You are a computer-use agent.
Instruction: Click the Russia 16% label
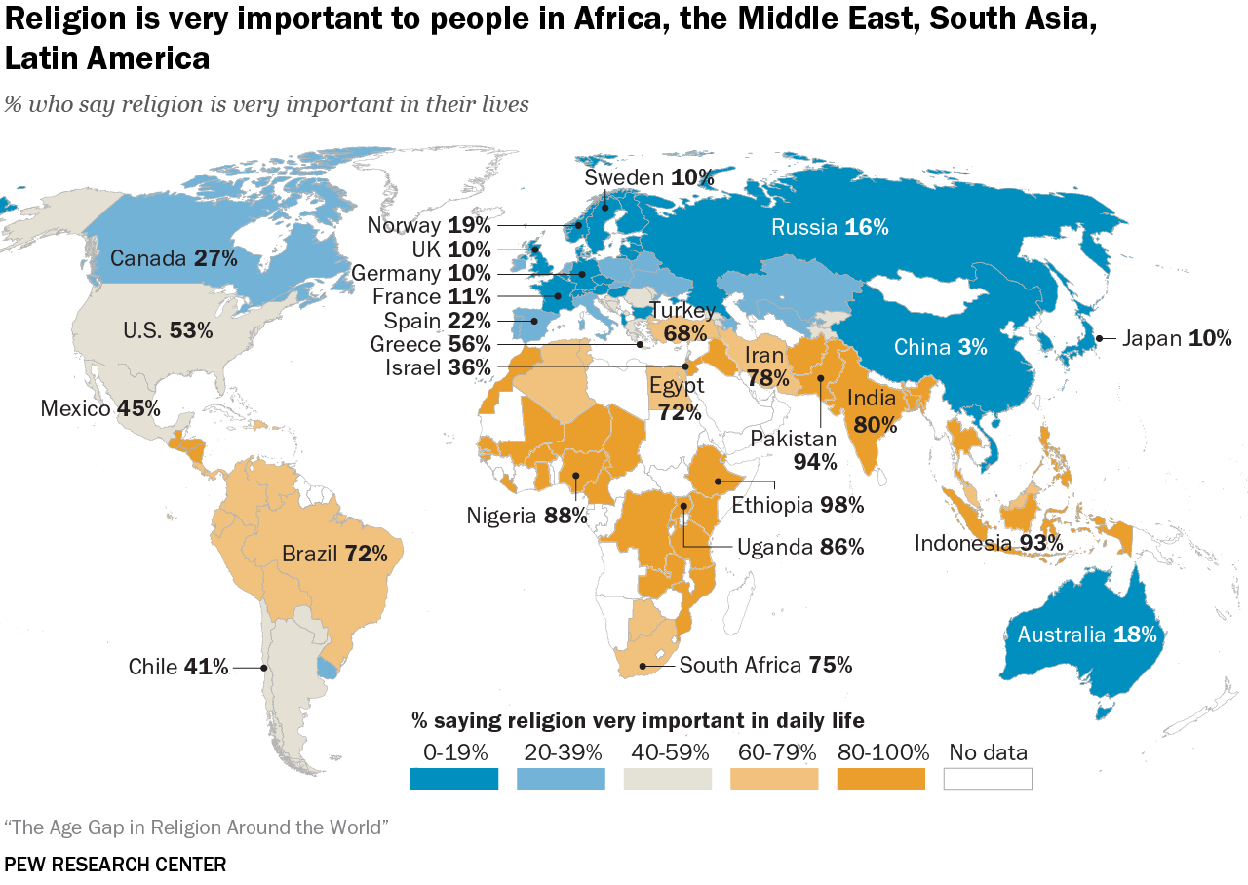[830, 227]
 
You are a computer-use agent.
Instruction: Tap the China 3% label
[941, 347]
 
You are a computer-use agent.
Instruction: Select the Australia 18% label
[1086, 635]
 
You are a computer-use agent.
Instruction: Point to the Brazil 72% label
[334, 555]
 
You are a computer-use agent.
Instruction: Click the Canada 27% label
[174, 258]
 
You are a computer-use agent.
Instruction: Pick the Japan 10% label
[1177, 338]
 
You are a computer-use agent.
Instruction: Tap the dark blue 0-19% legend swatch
[454, 779]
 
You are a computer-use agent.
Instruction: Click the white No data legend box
[988, 779]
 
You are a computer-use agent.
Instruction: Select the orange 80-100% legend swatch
[880, 779]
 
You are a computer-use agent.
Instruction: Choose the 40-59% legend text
[668, 752]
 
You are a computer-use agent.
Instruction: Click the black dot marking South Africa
[643, 668]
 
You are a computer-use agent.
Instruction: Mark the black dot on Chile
[264, 668]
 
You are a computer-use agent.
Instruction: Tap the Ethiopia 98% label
[798, 505]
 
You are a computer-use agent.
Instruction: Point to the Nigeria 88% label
[526, 515]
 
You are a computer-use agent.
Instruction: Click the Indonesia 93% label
[988, 543]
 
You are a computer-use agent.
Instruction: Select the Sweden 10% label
[649, 177]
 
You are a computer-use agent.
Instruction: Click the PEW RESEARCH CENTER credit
[115, 865]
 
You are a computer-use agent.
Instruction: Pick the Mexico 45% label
[100, 408]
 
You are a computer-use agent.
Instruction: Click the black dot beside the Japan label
[1099, 338]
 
